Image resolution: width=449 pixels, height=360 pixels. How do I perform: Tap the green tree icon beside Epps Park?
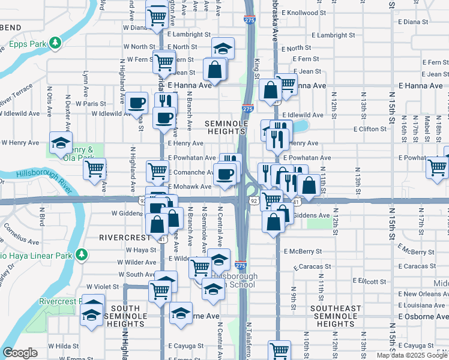55,43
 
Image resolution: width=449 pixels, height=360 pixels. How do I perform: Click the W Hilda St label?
58,346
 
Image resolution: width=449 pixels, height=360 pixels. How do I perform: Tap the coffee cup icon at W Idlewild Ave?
137,101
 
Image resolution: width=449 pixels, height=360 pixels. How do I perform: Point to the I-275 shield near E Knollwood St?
249,20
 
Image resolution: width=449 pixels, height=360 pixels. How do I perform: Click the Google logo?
20,353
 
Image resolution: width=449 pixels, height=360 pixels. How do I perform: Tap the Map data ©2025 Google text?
412,355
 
